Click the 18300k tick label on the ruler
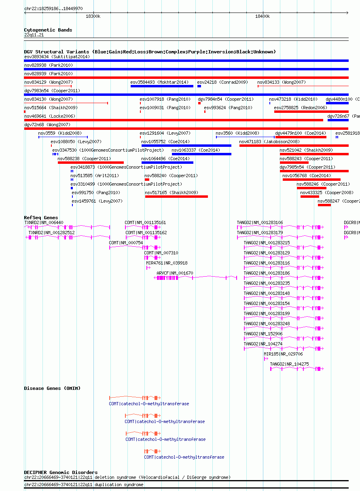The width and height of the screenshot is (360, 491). pyautogui.click(x=93, y=17)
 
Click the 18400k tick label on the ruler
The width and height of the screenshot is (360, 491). pyautogui.click(x=263, y=17)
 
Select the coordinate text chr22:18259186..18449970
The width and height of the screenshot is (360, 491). pyautogui.click(x=53, y=8)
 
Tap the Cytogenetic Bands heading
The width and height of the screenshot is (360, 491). pyautogui.click(x=48, y=30)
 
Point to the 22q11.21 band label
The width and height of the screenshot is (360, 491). pyautogui.click(x=34, y=35)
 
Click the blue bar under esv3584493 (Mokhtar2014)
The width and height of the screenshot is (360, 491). pyautogui.click(x=162, y=86)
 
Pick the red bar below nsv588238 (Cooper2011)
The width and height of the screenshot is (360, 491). pyautogui.click(x=91, y=163)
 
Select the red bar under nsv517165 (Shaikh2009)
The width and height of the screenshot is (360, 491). pyautogui.click(x=176, y=197)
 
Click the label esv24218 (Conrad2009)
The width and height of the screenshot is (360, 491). pyautogui.click(x=222, y=82)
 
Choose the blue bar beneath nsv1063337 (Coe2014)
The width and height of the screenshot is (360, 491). pyautogui.click(x=201, y=154)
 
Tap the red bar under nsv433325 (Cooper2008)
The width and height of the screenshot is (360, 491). pyautogui.click(x=310, y=197)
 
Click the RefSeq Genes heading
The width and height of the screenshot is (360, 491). pyautogui.click(x=41, y=218)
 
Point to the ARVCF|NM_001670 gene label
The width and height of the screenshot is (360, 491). pyautogui.click(x=175, y=273)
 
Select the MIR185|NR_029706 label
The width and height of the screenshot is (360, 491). pyautogui.click(x=283, y=354)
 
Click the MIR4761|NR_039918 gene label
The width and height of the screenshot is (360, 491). pyautogui.click(x=167, y=263)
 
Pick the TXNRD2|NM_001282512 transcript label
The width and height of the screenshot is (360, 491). pyautogui.click(x=51, y=233)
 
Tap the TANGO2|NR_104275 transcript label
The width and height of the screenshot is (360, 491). pyautogui.click(x=289, y=364)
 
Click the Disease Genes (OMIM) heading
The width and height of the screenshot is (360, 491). pyautogui.click(x=52, y=388)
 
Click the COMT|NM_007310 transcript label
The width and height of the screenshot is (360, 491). pyautogui.click(x=161, y=253)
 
